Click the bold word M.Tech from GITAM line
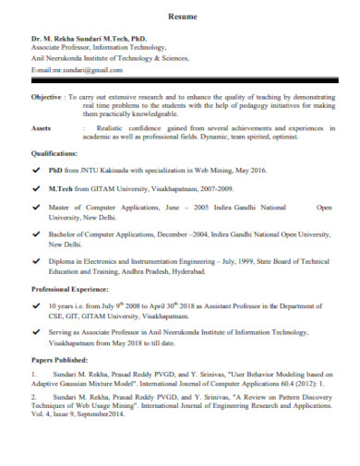60,187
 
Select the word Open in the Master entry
323,208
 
